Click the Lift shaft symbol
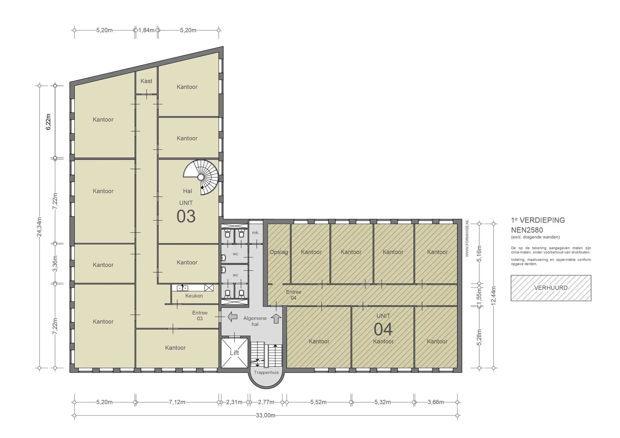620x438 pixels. coord(234,353)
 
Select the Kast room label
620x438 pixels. coord(146,81)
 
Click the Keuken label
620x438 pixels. coord(194,296)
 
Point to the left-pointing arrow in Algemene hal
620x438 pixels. coord(232,317)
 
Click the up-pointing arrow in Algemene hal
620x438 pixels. coord(276,318)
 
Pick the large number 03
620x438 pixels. coord(186,216)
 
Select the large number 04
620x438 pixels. coord(383,329)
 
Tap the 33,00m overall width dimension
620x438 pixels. coord(265,415)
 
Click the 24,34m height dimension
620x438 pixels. coord(39,227)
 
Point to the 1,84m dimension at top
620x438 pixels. coord(146,30)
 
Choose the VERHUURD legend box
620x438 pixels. coord(551,288)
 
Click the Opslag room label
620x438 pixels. coord(279,252)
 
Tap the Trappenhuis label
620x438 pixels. coord(266,372)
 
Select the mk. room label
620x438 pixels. coord(256,233)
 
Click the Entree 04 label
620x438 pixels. coord(294,295)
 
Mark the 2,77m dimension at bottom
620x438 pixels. coord(266,402)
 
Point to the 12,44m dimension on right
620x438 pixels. coord(493,296)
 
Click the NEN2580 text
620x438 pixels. coord(527,230)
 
